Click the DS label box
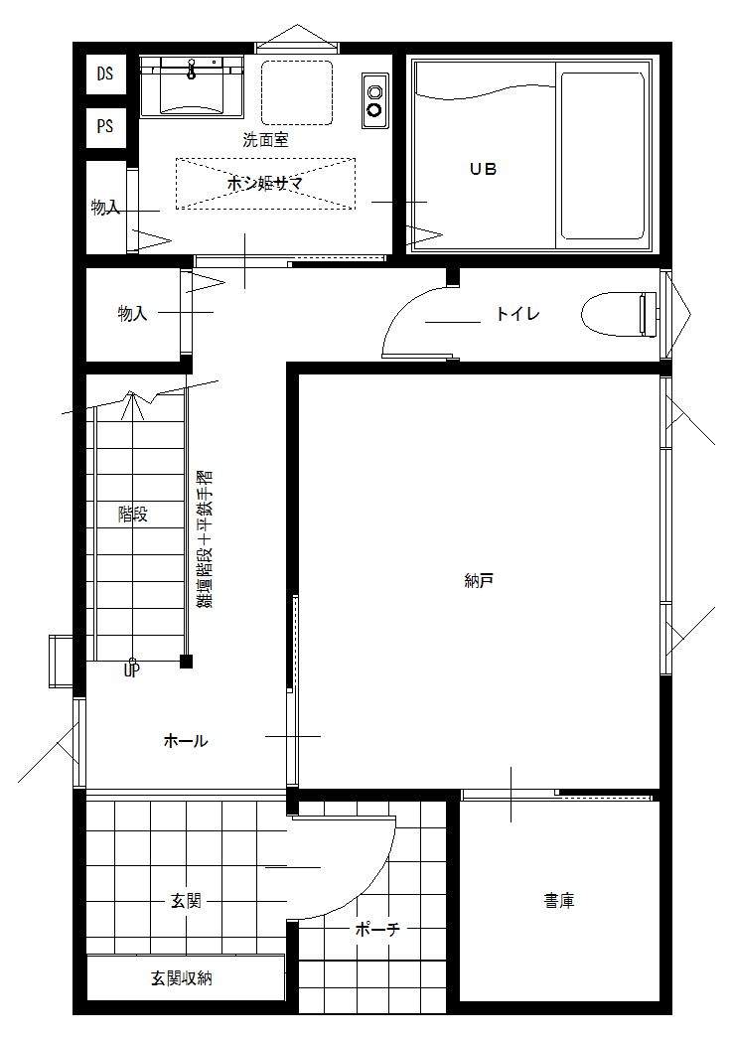(105, 73)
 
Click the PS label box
(105, 126)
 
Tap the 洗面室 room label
(265, 140)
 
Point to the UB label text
(483, 169)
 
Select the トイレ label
(517, 314)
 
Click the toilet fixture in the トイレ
(616, 315)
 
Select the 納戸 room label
(478, 582)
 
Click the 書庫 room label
(558, 901)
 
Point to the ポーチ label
(377, 930)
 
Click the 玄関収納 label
(181, 978)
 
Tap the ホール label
(186, 741)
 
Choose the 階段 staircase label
(132, 514)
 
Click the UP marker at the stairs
(131, 670)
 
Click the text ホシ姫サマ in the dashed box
(264, 184)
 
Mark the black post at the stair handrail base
(186, 661)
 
